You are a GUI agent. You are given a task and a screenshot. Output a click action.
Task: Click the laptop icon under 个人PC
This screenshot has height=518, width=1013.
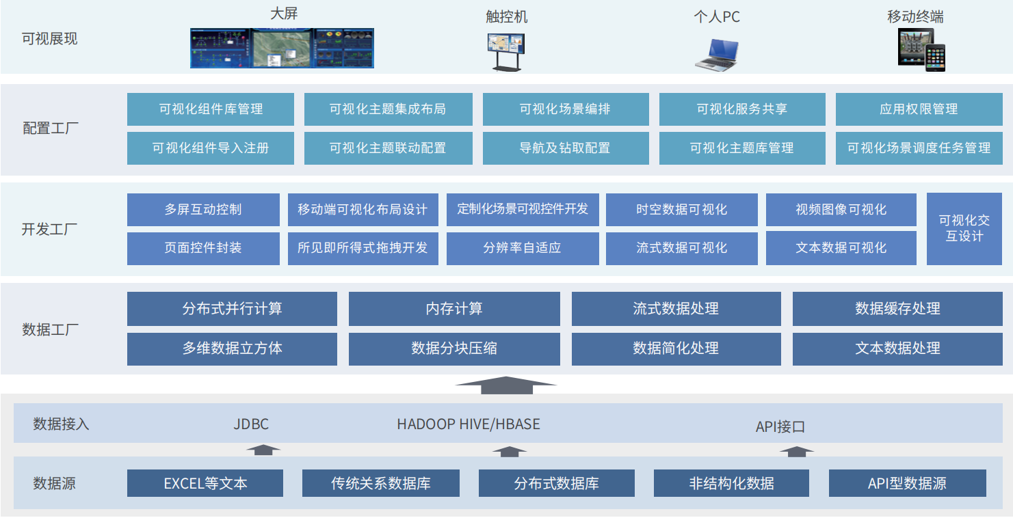(717, 55)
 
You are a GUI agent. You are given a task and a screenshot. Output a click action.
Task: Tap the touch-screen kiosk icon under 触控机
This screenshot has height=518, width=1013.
(506, 52)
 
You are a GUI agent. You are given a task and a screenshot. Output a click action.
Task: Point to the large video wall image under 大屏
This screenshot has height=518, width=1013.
(282, 48)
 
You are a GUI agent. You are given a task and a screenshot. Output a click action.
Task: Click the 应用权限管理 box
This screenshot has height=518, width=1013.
(918, 109)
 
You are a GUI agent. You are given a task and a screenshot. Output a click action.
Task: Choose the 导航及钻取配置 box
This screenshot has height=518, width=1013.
(565, 148)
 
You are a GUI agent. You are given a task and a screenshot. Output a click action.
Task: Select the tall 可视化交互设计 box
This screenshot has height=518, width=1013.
(964, 229)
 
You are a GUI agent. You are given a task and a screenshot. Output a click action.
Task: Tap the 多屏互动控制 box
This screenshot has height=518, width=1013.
(203, 210)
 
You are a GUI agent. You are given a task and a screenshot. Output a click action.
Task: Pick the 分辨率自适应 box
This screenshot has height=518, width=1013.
(522, 248)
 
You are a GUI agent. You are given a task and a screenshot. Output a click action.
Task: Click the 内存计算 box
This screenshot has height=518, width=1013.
(454, 309)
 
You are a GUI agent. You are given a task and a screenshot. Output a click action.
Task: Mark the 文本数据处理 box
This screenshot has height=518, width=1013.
(897, 349)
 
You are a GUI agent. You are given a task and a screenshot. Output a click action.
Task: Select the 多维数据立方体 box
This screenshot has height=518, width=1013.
(232, 349)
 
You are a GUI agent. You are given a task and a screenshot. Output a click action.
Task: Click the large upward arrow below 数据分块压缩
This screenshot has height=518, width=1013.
(505, 385)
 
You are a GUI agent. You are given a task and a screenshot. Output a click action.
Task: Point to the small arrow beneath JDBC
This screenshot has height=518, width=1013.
(263, 450)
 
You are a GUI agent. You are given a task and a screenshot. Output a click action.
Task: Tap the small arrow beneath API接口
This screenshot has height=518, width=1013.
(797, 451)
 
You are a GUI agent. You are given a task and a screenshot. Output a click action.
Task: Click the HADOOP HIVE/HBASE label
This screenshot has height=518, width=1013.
(469, 424)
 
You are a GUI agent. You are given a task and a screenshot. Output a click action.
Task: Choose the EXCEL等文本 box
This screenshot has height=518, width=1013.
(205, 484)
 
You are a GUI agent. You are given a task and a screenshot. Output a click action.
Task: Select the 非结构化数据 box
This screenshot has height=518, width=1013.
(731, 484)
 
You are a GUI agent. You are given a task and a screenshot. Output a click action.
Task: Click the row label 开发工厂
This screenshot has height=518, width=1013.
(50, 229)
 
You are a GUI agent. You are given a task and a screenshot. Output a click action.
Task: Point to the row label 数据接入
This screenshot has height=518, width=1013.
(61, 424)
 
